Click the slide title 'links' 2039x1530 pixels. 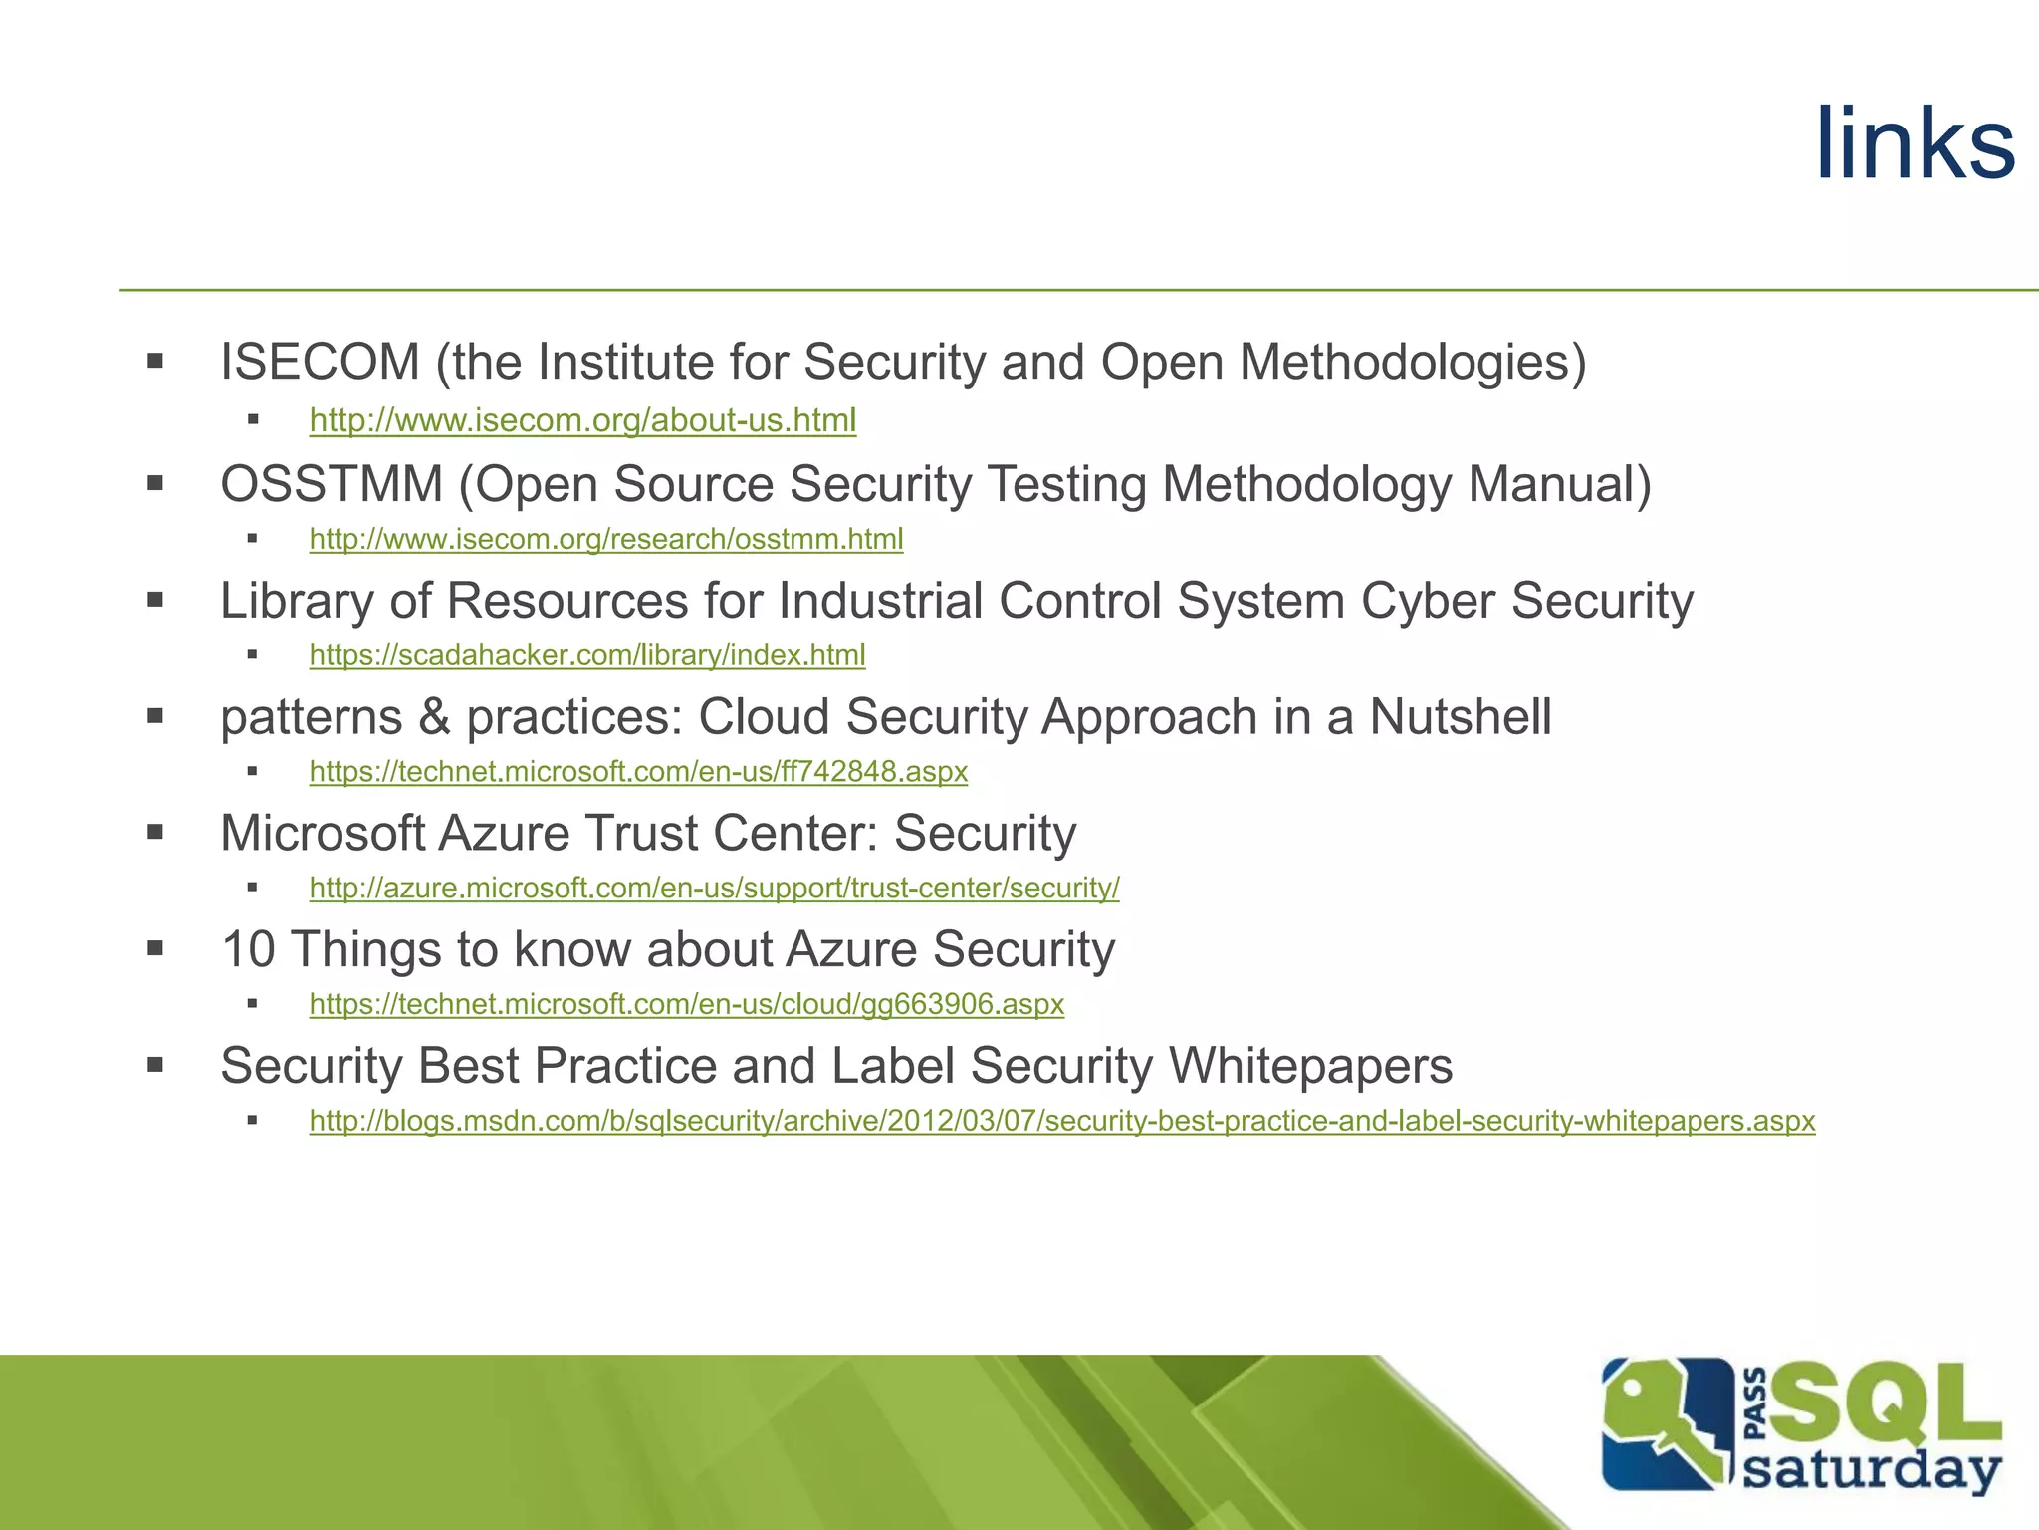tap(1914, 145)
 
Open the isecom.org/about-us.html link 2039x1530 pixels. tap(582, 421)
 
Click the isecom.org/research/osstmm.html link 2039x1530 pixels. tap(606, 539)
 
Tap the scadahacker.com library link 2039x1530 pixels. tap(587, 655)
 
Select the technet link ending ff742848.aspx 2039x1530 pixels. tap(638, 772)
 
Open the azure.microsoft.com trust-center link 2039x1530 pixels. tap(714, 888)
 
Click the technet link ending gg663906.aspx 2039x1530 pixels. tap(687, 1004)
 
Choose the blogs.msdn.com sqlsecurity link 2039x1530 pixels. tap(1062, 1121)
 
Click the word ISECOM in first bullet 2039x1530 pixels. tap(320, 362)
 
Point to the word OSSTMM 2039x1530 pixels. tap(332, 485)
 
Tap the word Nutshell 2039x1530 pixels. tap(1460, 717)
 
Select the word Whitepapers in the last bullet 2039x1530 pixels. tap(1310, 1066)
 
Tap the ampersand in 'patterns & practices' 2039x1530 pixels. tap(434, 717)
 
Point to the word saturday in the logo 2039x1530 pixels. tap(1872, 1470)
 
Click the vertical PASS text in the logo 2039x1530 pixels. tap(1756, 1404)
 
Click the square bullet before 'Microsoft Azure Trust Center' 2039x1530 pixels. tap(155, 833)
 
